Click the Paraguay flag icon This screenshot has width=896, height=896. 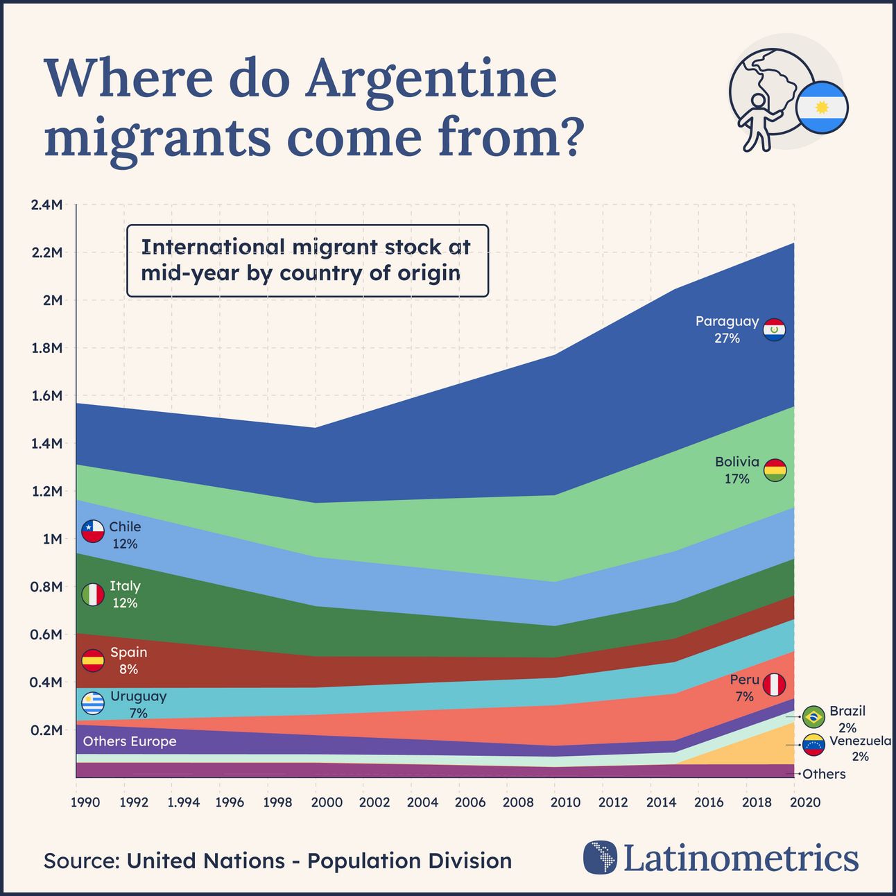[774, 330]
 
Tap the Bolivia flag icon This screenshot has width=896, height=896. [775, 470]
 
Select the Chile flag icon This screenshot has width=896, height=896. [93, 531]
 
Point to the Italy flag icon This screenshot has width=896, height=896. [93, 594]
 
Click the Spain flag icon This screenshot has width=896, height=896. [93, 660]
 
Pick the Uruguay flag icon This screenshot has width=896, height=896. [93, 704]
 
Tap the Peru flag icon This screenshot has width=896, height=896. [774, 685]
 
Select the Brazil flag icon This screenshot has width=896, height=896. [813, 716]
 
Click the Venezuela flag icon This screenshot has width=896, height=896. [813, 745]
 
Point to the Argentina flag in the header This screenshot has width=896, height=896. [822, 107]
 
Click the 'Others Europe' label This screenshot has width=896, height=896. [130, 741]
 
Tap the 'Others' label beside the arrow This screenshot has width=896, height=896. [824, 774]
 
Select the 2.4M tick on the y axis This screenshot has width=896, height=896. [46, 205]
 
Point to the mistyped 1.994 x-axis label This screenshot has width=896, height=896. [183, 802]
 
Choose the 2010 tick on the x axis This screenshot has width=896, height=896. [565, 802]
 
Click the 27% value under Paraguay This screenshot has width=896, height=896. [727, 338]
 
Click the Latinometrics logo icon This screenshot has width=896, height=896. [600, 858]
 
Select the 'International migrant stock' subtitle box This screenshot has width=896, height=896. [307, 261]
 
